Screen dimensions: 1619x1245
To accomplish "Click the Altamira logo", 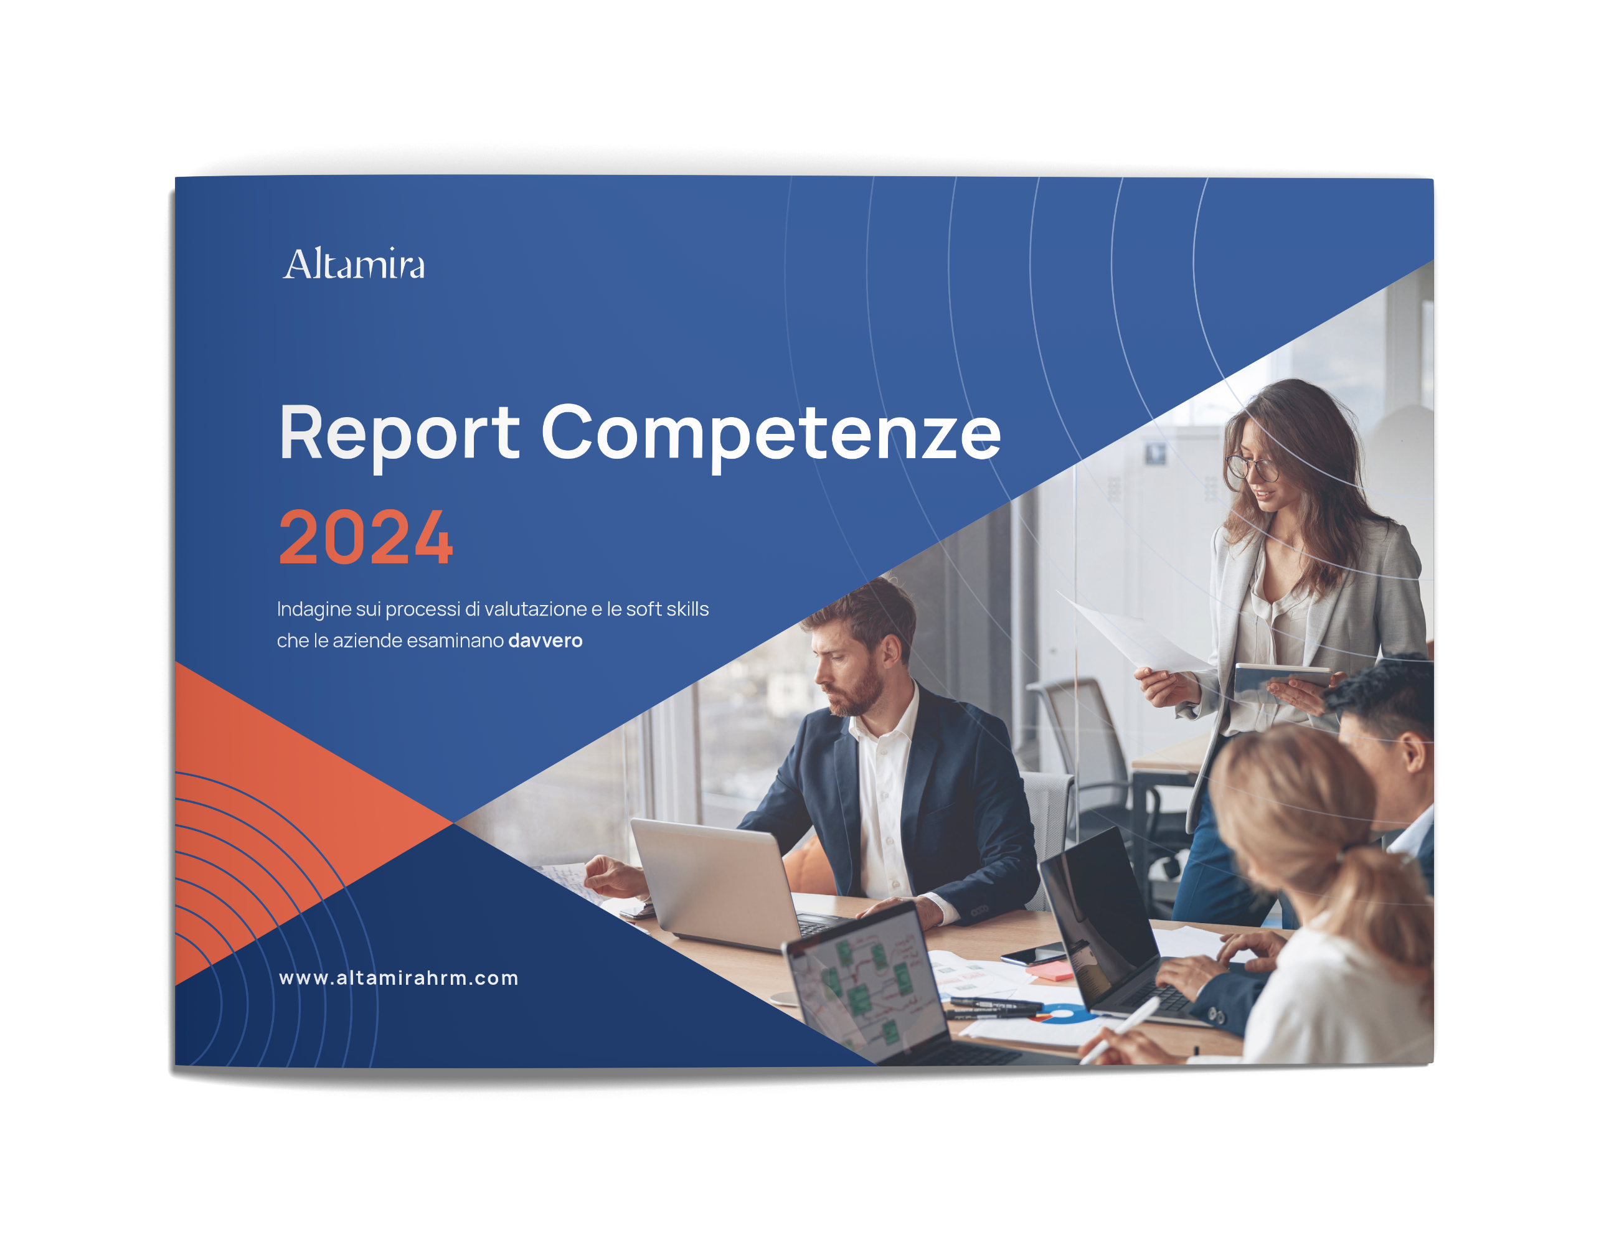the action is point(354,264).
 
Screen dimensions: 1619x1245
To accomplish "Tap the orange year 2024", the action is point(366,537).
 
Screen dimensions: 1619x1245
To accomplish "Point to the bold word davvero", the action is point(545,641).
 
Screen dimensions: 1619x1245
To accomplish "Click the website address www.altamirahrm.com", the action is point(399,978).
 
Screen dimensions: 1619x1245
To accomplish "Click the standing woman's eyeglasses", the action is point(1252,467).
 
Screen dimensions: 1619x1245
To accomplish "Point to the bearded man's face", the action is point(845,663).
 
